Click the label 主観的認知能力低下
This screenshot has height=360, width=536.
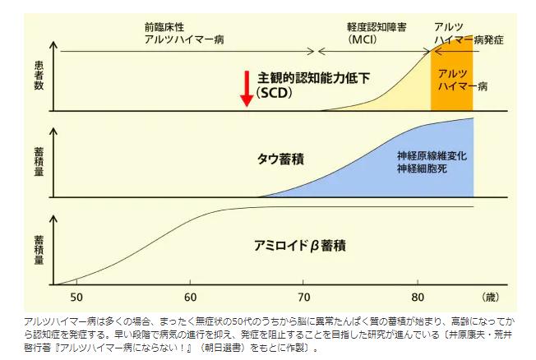click(x=315, y=77)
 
